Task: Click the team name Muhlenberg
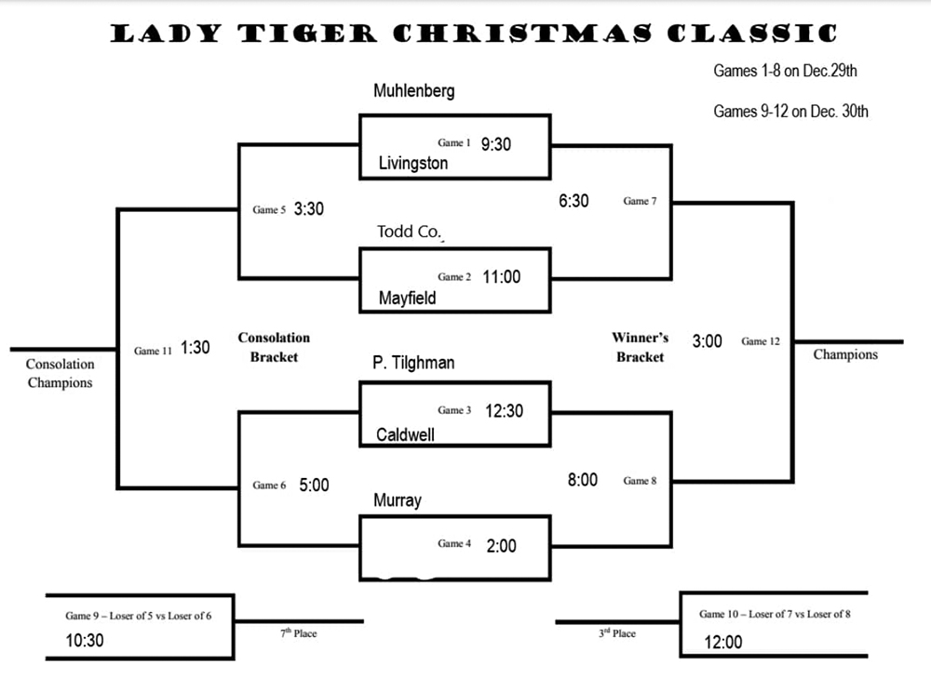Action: point(413,91)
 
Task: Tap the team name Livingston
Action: point(412,164)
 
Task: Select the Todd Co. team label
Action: point(409,232)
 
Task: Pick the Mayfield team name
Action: point(407,299)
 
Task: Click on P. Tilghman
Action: point(413,364)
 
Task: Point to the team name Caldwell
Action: point(405,434)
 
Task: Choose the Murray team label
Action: point(398,500)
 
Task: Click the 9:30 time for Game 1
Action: point(496,144)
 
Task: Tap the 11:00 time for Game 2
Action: point(502,276)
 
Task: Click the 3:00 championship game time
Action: point(707,341)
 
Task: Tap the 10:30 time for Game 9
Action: point(85,641)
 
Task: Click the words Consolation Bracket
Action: point(273,346)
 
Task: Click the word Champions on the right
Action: point(845,354)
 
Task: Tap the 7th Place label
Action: point(299,633)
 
